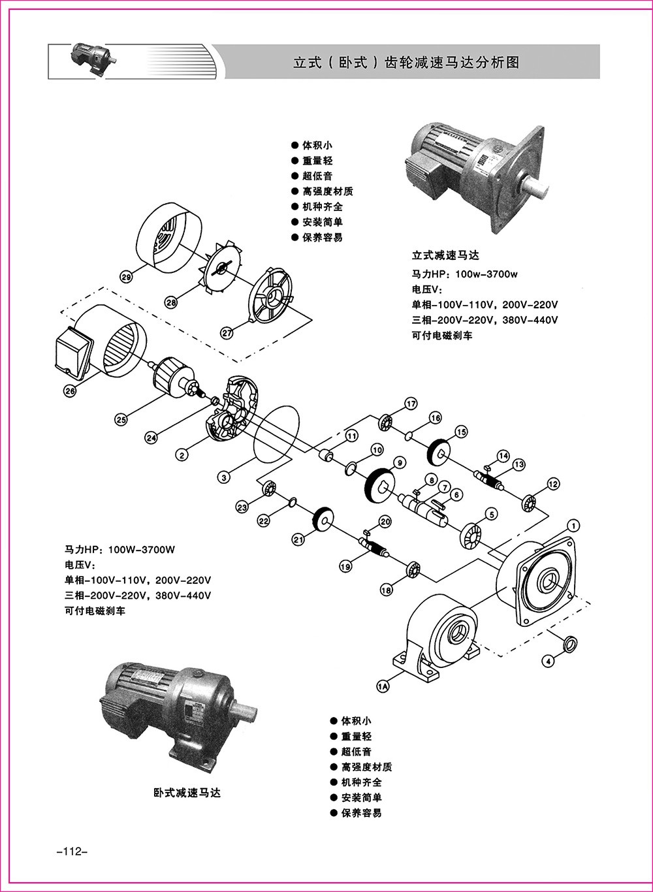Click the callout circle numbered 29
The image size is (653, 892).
pos(127,277)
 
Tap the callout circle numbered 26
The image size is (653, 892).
pos(70,390)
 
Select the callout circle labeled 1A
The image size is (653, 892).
pos(383,686)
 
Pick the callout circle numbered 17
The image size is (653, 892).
pos(410,404)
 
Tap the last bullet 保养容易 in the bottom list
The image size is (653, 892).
pos(360,813)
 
